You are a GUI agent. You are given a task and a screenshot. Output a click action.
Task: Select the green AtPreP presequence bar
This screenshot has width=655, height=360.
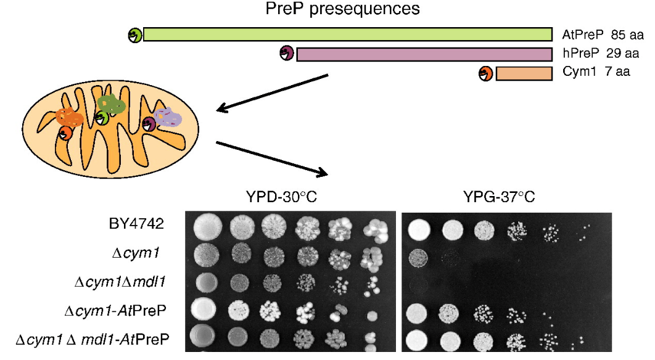pyautogui.click(x=347, y=35)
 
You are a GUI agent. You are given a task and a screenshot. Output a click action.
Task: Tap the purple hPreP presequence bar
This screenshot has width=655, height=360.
pyautogui.click(x=424, y=54)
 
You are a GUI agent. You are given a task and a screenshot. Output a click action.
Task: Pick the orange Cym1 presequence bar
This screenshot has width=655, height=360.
pyautogui.click(x=524, y=74)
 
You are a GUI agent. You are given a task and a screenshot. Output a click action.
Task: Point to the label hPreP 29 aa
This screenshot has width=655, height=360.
pyautogui.click(x=600, y=54)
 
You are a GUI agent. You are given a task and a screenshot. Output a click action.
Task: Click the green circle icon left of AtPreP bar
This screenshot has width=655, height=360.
pyautogui.click(x=134, y=35)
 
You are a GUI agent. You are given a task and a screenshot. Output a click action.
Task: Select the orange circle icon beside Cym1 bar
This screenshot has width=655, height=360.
pyautogui.click(x=485, y=74)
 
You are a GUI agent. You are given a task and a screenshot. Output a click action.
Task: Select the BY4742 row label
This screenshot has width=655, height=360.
pyautogui.click(x=142, y=224)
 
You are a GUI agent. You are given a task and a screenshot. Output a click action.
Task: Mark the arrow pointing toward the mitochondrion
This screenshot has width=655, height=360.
pyautogui.click(x=271, y=93)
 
